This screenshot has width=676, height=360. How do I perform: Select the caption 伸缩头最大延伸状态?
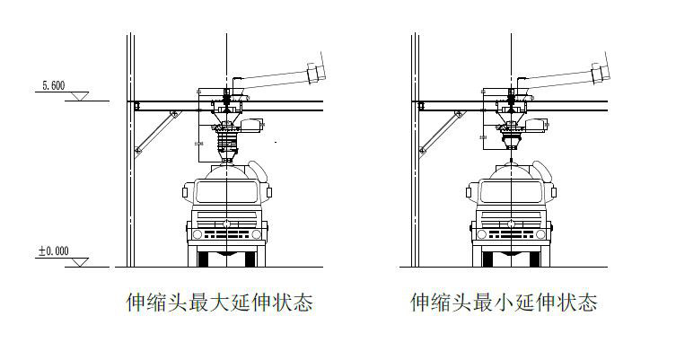point(219,303)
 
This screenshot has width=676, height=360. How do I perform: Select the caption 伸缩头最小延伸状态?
point(504,303)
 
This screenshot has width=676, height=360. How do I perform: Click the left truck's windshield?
point(227,192)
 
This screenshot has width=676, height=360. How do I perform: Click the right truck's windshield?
point(512,192)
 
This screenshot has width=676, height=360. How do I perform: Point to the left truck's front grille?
point(227,233)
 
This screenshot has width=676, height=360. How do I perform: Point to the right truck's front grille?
point(512,233)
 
